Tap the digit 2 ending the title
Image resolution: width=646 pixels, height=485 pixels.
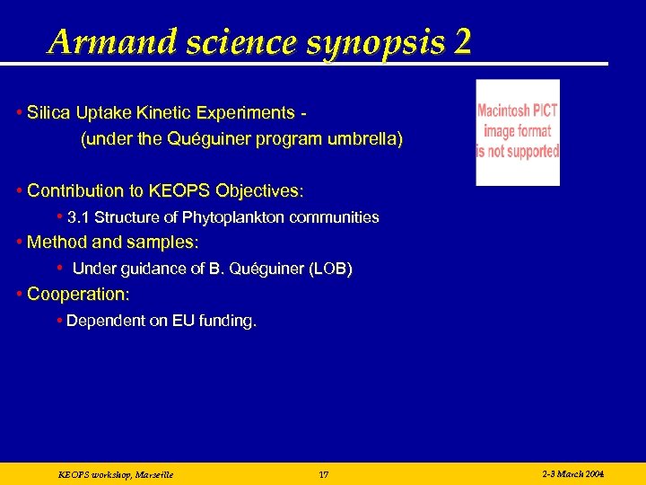pos(462,41)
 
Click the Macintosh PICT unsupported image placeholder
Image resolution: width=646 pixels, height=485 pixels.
pos(518,132)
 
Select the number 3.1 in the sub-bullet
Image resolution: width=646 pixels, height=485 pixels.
pos(78,217)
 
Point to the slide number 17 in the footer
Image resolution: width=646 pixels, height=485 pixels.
pos(324,474)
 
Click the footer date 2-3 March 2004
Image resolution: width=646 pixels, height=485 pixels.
pos(573,473)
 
